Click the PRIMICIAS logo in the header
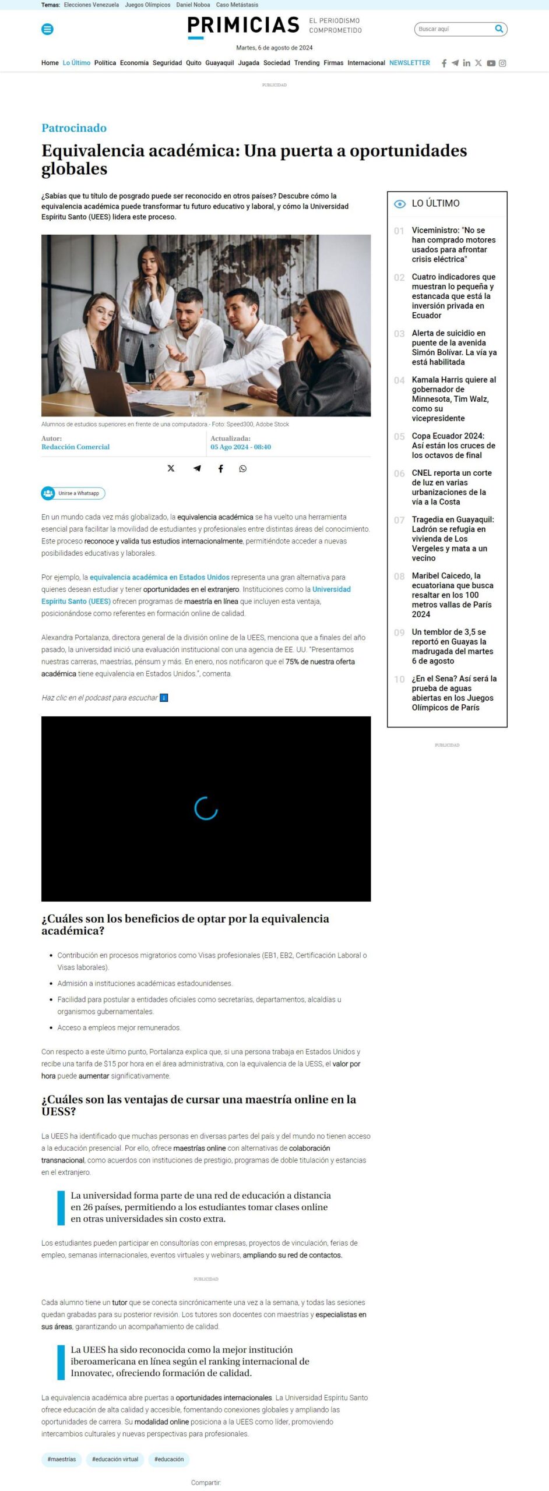pyautogui.click(x=243, y=26)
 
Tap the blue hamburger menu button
pyautogui.click(x=48, y=29)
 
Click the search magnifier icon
pyautogui.click(x=499, y=29)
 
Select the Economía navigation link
pyautogui.click(x=134, y=63)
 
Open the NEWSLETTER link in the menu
pyautogui.click(x=409, y=63)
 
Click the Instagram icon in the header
pyautogui.click(x=502, y=63)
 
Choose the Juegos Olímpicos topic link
pyautogui.click(x=147, y=5)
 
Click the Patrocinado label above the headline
pyautogui.click(x=74, y=128)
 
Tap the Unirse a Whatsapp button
pyautogui.click(x=73, y=493)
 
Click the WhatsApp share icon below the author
pyautogui.click(x=243, y=469)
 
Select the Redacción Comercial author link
pyautogui.click(x=75, y=447)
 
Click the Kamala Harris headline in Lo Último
pyautogui.click(x=453, y=399)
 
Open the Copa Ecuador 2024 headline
pyautogui.click(x=453, y=446)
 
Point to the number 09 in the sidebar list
pyautogui.click(x=399, y=633)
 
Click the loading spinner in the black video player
pyautogui.click(x=206, y=809)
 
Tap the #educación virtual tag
pyautogui.click(x=115, y=1460)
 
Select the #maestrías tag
pyautogui.click(x=62, y=1460)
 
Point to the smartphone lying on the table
pyautogui.click(x=237, y=407)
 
